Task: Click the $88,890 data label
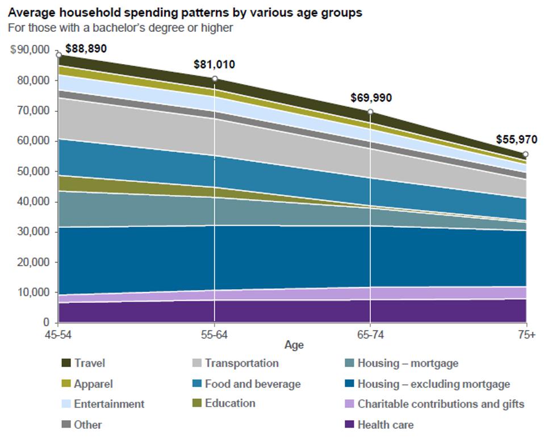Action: click(86, 49)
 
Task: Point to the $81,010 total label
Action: click(214, 64)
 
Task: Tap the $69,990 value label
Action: click(371, 98)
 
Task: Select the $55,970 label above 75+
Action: click(516, 139)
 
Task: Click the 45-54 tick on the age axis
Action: click(58, 335)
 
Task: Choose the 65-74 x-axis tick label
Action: click(370, 335)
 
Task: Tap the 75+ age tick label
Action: click(526, 335)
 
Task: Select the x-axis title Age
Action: click(294, 345)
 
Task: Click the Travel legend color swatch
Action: click(65, 364)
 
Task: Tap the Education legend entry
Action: click(229, 403)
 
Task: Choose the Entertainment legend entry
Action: click(108, 404)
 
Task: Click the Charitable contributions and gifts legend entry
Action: click(440, 404)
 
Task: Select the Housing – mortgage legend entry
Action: click(407, 363)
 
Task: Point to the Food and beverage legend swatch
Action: click(196, 384)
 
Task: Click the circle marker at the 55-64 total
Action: click(215, 79)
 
